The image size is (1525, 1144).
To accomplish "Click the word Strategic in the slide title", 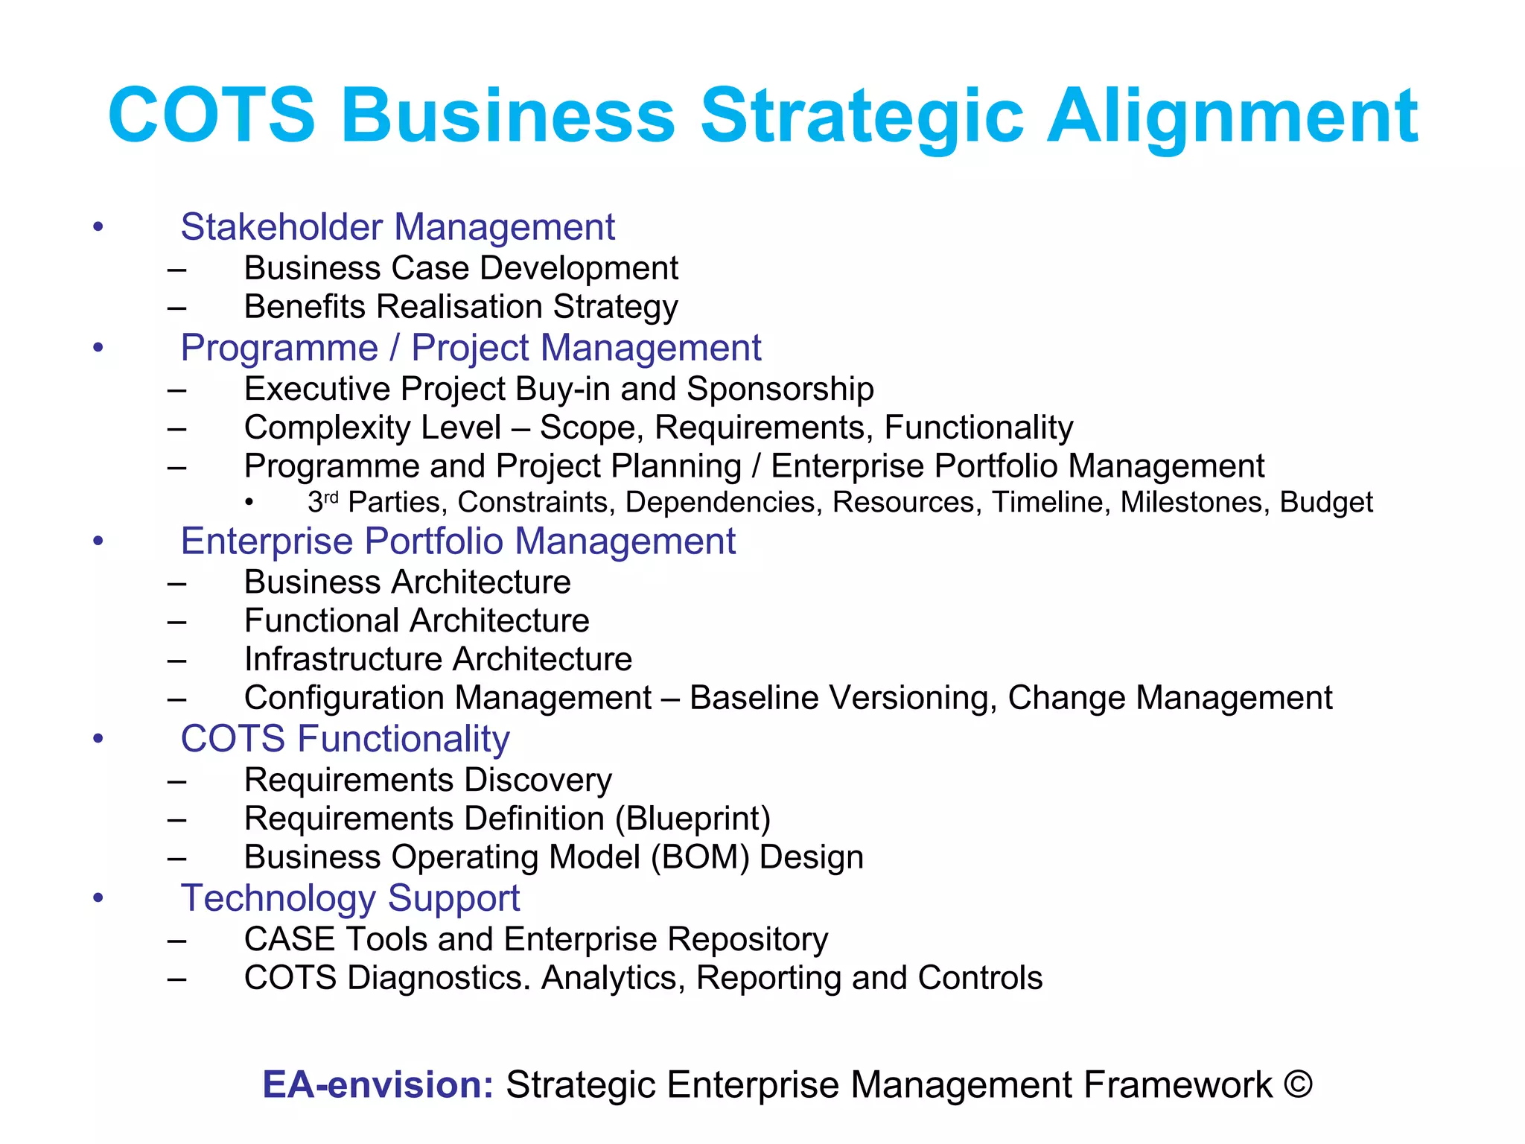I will point(862,115).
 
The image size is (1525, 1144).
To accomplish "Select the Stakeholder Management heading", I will point(398,226).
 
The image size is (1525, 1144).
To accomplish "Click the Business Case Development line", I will point(461,268).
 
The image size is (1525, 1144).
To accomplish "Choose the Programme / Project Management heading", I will point(471,348).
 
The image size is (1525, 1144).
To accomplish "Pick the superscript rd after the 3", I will point(331,497).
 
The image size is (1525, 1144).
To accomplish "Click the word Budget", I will point(1326,503).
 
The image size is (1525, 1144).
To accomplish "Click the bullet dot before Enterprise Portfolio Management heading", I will point(98,541).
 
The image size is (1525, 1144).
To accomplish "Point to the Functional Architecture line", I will point(416,620).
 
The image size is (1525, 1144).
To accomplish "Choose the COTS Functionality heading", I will point(345,739).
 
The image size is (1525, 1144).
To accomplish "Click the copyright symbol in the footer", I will point(1298,1084).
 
